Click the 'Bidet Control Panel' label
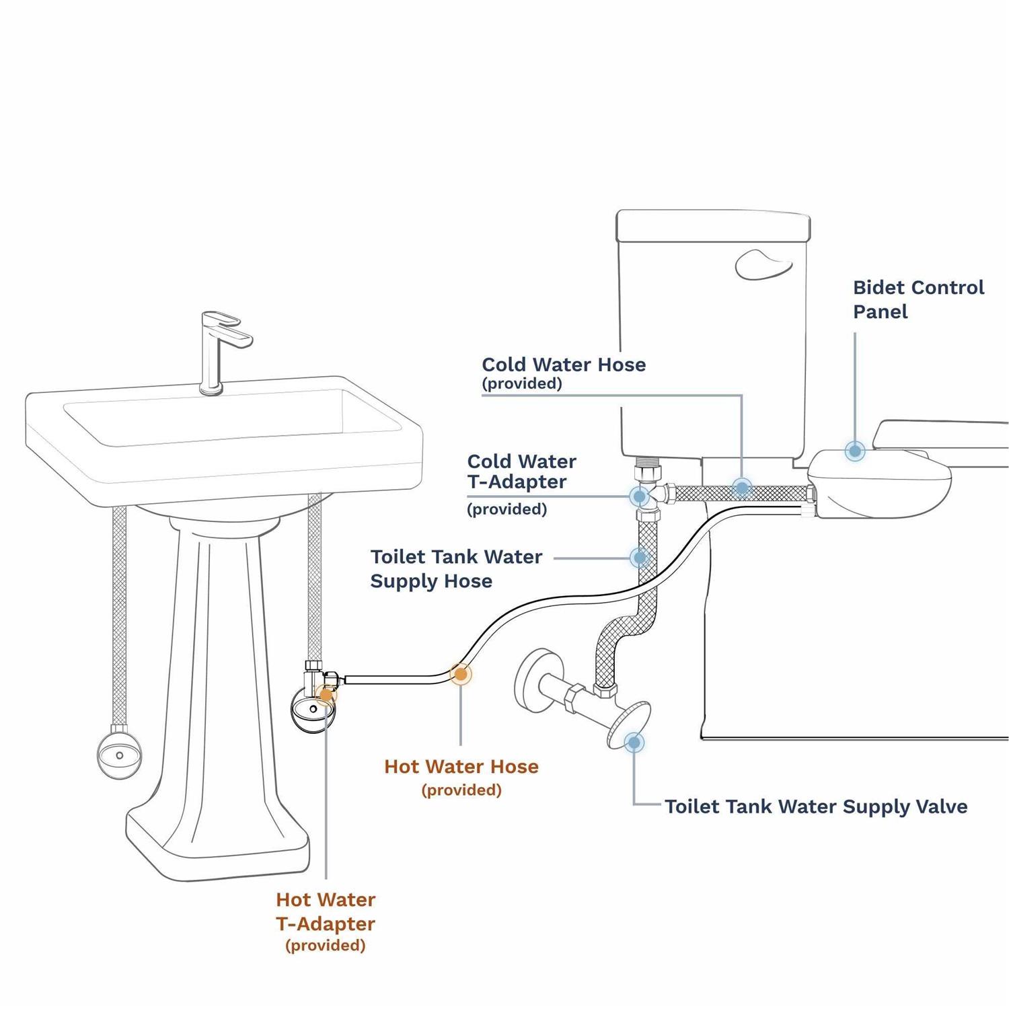point(918,299)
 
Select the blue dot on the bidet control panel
point(855,451)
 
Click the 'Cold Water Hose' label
point(564,365)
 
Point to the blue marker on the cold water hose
point(742,488)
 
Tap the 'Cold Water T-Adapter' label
point(521,472)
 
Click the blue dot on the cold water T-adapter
point(639,496)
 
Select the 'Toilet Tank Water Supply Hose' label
point(456,568)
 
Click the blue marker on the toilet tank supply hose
point(640,558)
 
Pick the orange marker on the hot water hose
point(461,673)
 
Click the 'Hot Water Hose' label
point(461,767)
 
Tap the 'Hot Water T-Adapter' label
point(326,911)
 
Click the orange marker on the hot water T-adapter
point(326,695)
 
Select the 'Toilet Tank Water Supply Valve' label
point(816,807)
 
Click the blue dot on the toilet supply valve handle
point(634,743)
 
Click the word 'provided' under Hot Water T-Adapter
point(326,946)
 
